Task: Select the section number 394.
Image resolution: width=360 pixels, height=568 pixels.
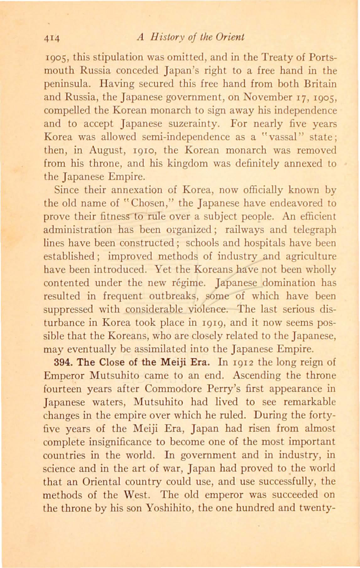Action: point(62,362)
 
